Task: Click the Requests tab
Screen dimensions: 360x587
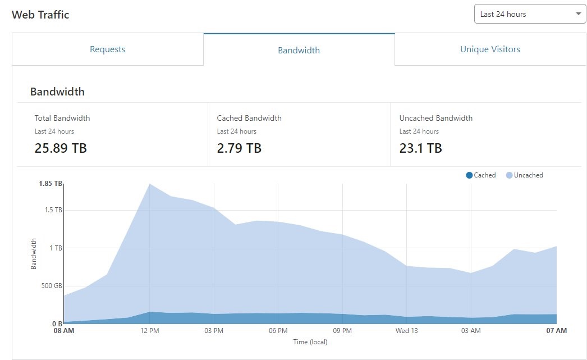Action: pyautogui.click(x=107, y=49)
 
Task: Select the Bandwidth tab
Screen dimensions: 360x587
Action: pyautogui.click(x=299, y=50)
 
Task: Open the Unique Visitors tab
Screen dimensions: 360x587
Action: pyautogui.click(x=490, y=49)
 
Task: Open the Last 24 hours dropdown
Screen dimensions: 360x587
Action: pyautogui.click(x=530, y=14)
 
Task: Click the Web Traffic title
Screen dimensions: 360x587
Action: pyautogui.click(x=40, y=15)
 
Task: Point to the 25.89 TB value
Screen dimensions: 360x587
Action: pyautogui.click(x=61, y=148)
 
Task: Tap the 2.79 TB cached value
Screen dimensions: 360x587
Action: pyautogui.click(x=239, y=148)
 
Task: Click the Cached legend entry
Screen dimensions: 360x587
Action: pyautogui.click(x=481, y=175)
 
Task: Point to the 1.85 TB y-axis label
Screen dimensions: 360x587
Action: pyautogui.click(x=50, y=184)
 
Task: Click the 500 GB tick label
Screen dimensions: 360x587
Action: pyautogui.click(x=51, y=286)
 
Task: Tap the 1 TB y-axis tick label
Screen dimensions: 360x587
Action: pyautogui.click(x=54, y=248)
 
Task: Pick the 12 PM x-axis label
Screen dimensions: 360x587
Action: pyautogui.click(x=150, y=331)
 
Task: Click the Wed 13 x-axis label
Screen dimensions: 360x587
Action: pyautogui.click(x=406, y=331)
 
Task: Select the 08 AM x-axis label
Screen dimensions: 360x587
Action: pyautogui.click(x=64, y=331)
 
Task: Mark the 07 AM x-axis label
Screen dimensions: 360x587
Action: pyautogui.click(x=556, y=331)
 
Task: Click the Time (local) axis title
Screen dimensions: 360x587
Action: pyautogui.click(x=310, y=341)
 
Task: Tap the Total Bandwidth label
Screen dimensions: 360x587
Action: pyautogui.click(x=62, y=118)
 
